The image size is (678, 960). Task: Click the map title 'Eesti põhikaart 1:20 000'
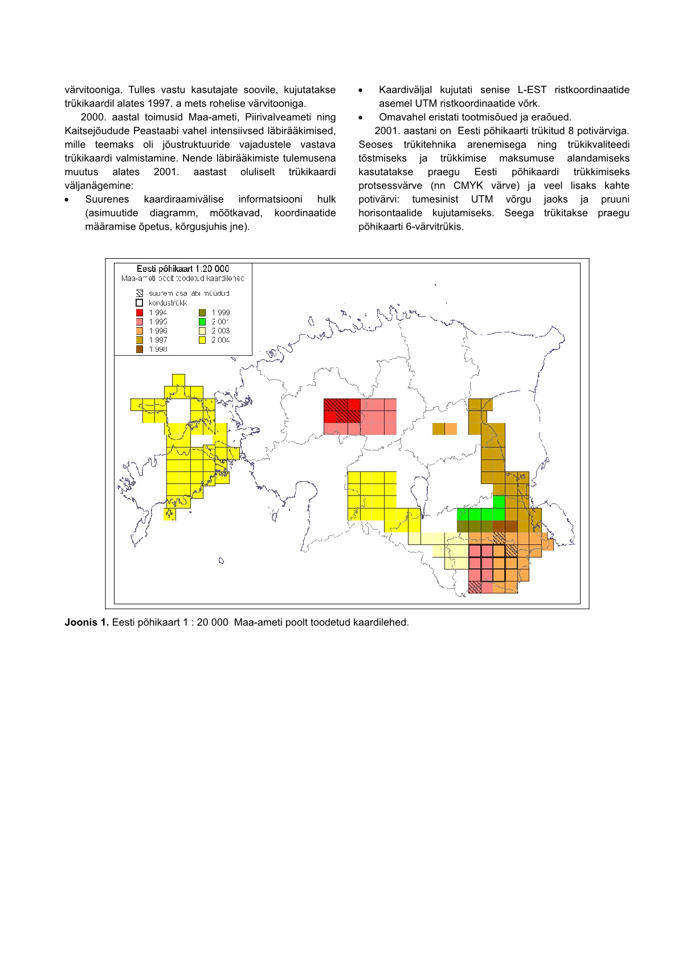pos(183,269)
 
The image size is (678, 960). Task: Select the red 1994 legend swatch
pos(140,312)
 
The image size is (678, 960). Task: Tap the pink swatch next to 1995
pos(140,322)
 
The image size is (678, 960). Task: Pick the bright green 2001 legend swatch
pos(202,322)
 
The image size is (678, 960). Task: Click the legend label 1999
pos(220,312)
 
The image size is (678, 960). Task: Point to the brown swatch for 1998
pos(140,349)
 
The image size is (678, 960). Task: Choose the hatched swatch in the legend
pos(140,294)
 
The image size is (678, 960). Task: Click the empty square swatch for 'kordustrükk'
pos(140,303)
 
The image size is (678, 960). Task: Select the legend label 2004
pos(220,340)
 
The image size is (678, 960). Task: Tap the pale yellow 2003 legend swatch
pos(202,331)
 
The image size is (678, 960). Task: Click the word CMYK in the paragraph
pos(468,185)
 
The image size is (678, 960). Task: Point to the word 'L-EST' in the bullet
pos(532,90)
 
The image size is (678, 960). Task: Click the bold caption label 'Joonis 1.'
pos(87,622)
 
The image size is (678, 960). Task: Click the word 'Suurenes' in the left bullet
pos(107,199)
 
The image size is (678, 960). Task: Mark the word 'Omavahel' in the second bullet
pos(399,117)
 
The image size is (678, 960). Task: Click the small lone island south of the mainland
pos(221,561)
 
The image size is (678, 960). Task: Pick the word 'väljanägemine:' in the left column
pos(99,185)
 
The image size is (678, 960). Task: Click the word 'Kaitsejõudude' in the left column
pos(97,131)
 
